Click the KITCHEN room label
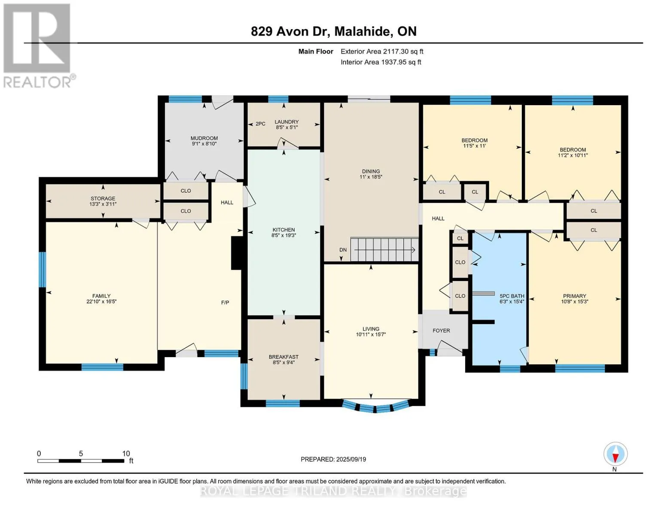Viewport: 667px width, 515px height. click(x=283, y=230)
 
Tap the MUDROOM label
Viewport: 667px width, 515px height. click(x=204, y=138)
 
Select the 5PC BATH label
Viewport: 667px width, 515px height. click(x=512, y=296)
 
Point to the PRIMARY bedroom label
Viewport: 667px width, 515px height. click(x=574, y=296)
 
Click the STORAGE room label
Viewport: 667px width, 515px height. click(x=103, y=198)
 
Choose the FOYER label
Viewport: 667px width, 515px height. click(x=441, y=330)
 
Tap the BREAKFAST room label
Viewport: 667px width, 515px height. click(x=283, y=357)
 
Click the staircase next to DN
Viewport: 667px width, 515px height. click(x=384, y=250)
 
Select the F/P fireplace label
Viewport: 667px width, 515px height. click(x=225, y=303)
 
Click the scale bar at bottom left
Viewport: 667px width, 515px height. click(x=81, y=460)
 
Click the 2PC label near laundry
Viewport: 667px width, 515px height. click(x=260, y=124)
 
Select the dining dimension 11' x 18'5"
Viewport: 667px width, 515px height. click(x=371, y=177)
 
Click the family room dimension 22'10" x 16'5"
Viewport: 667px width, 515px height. click(x=101, y=302)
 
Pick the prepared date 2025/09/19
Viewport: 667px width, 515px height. click(x=351, y=459)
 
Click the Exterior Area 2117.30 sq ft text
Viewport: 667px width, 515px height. click(x=382, y=51)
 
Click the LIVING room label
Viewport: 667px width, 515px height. click(x=371, y=329)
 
